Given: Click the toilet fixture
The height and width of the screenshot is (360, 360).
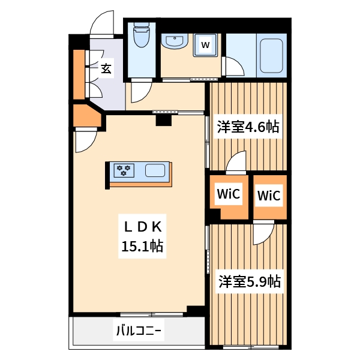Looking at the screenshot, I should pos(142,36).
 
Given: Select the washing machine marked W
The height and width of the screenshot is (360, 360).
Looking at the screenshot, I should pos(205,44).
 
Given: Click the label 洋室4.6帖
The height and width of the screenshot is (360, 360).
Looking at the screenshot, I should pos(248,127).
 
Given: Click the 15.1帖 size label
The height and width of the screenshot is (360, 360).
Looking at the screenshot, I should pos(143,245).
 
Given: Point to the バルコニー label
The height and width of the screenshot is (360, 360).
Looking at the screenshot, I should pos(139,330).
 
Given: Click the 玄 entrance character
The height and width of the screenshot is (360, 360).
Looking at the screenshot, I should pos(106,68).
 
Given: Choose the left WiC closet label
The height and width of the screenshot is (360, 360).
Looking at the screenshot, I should pos(228,194).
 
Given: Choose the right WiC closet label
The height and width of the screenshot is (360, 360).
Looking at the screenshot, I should pos(269,196).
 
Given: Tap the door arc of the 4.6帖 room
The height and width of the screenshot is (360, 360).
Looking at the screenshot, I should pos(236,160).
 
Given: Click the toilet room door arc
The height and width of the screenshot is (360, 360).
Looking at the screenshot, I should pos(140,92).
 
